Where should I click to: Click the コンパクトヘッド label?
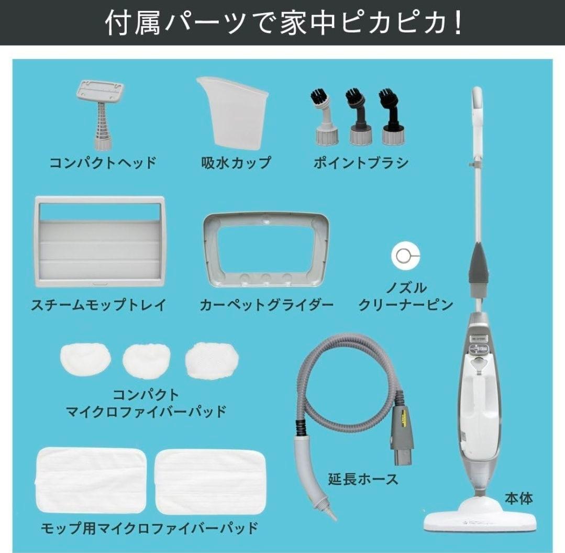coord(103,162)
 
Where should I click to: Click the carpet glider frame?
coord(267,250)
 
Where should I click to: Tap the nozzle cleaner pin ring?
coord(405,253)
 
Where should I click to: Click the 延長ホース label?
coord(363,478)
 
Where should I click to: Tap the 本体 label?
coord(518,498)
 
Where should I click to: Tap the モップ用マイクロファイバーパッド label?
coord(149,527)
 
